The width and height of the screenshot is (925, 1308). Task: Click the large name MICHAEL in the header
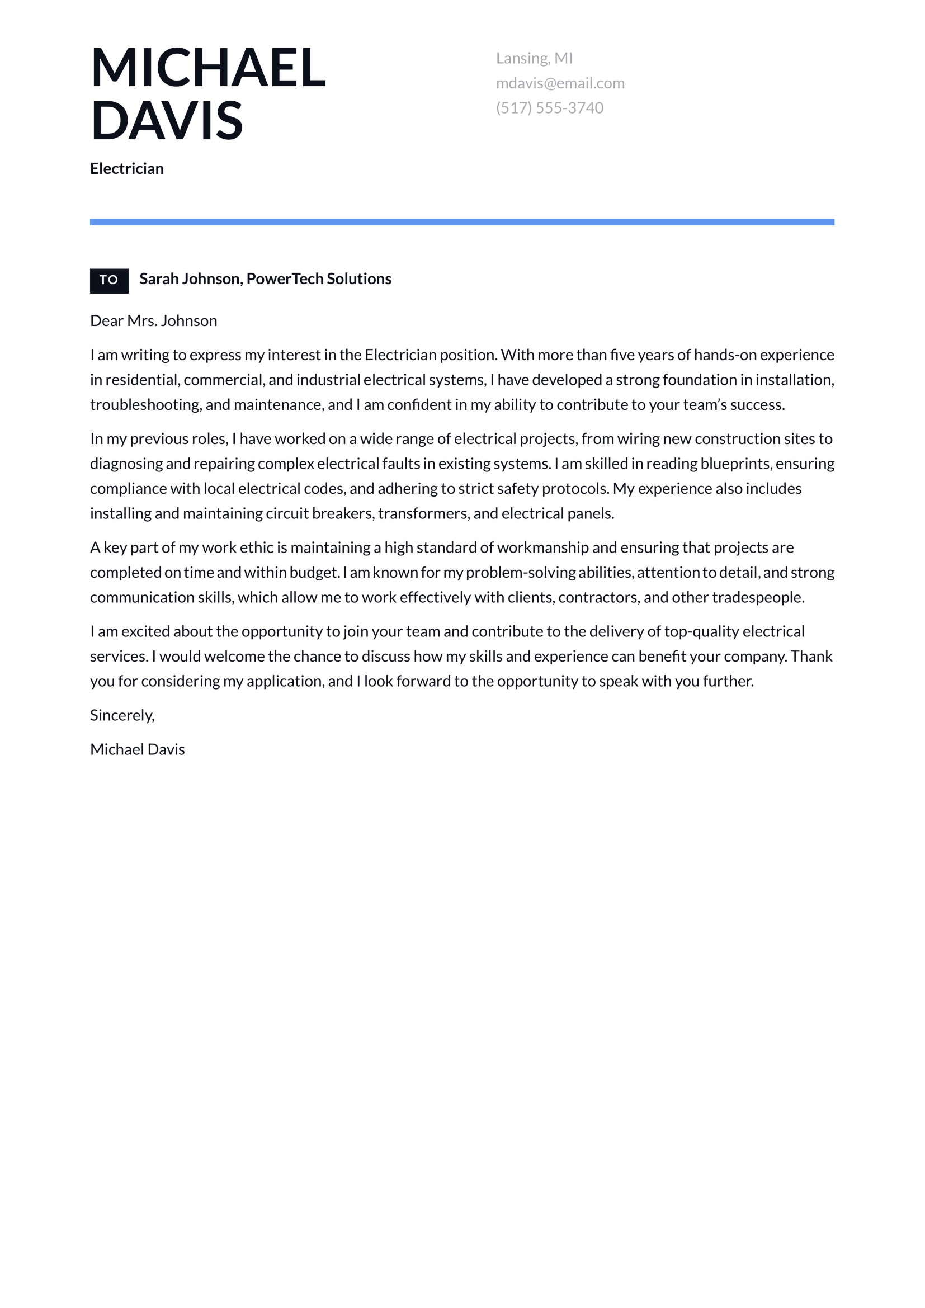(x=208, y=68)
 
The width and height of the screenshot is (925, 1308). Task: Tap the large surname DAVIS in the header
(x=166, y=120)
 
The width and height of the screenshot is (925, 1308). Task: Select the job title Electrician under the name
(x=126, y=169)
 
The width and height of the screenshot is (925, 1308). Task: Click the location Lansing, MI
(x=534, y=58)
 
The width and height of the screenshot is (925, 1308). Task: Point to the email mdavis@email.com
(x=560, y=83)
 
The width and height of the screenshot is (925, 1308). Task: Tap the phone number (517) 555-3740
(x=549, y=108)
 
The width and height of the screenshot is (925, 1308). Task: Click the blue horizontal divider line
(x=462, y=222)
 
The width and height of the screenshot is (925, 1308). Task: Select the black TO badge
(x=109, y=280)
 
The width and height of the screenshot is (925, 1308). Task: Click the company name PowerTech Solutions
(x=318, y=278)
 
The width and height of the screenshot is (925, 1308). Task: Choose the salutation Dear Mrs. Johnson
(x=153, y=321)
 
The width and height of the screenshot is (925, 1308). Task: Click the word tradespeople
(x=758, y=597)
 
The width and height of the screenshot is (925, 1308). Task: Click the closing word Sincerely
(x=122, y=715)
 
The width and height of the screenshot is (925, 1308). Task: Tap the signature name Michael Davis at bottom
(x=137, y=749)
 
